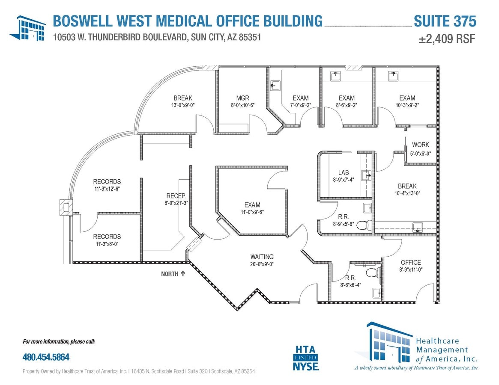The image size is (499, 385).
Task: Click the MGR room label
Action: [242, 98]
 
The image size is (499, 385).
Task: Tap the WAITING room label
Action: [262, 257]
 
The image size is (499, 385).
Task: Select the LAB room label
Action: [344, 172]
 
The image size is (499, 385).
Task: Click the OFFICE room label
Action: [411, 262]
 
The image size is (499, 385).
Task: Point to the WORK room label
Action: [420, 145]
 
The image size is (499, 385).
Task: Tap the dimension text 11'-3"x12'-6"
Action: [107, 189]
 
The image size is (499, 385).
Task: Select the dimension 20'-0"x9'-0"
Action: [262, 264]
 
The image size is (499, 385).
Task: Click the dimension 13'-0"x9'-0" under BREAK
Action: [183, 105]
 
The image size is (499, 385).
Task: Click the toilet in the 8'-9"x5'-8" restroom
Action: [363, 225]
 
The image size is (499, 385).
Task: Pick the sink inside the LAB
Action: [366, 175]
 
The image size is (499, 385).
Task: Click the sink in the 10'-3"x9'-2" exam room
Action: [393, 76]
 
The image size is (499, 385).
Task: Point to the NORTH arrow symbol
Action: [183, 273]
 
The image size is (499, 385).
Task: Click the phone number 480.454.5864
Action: [46, 356]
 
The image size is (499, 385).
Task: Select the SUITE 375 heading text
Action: [445, 21]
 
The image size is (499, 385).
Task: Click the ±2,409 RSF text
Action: [447, 39]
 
